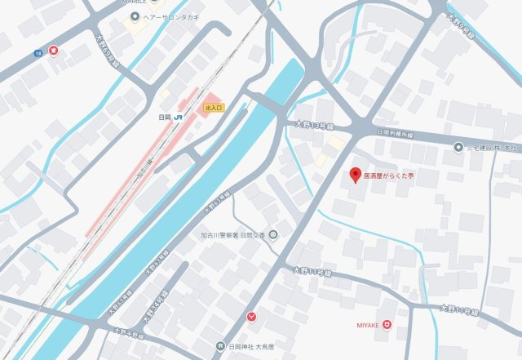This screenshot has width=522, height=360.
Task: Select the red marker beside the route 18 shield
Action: (x=54, y=50)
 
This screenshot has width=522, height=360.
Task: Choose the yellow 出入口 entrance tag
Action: (x=214, y=107)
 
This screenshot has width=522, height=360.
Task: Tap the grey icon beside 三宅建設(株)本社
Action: (x=458, y=147)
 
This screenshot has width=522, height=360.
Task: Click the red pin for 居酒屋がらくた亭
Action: (x=355, y=174)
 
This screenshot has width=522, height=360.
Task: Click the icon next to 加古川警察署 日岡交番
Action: (x=272, y=236)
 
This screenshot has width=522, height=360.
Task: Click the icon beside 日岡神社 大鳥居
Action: (x=219, y=345)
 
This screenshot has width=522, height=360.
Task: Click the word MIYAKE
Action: (x=368, y=325)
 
